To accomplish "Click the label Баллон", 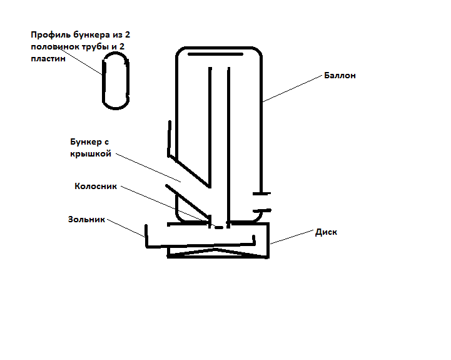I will click(x=340, y=76).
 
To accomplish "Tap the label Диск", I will click(x=326, y=232).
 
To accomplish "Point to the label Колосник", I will click(x=96, y=187).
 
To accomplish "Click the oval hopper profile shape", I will click(x=116, y=81).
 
